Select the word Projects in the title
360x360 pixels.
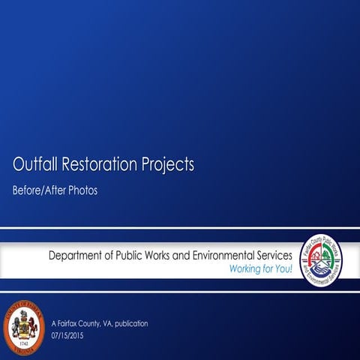[x=167, y=163]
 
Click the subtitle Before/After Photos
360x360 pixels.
[x=55, y=190]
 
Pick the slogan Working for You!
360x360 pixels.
[x=261, y=268]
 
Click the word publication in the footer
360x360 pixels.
[x=130, y=323]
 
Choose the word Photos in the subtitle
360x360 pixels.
[x=83, y=190]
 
